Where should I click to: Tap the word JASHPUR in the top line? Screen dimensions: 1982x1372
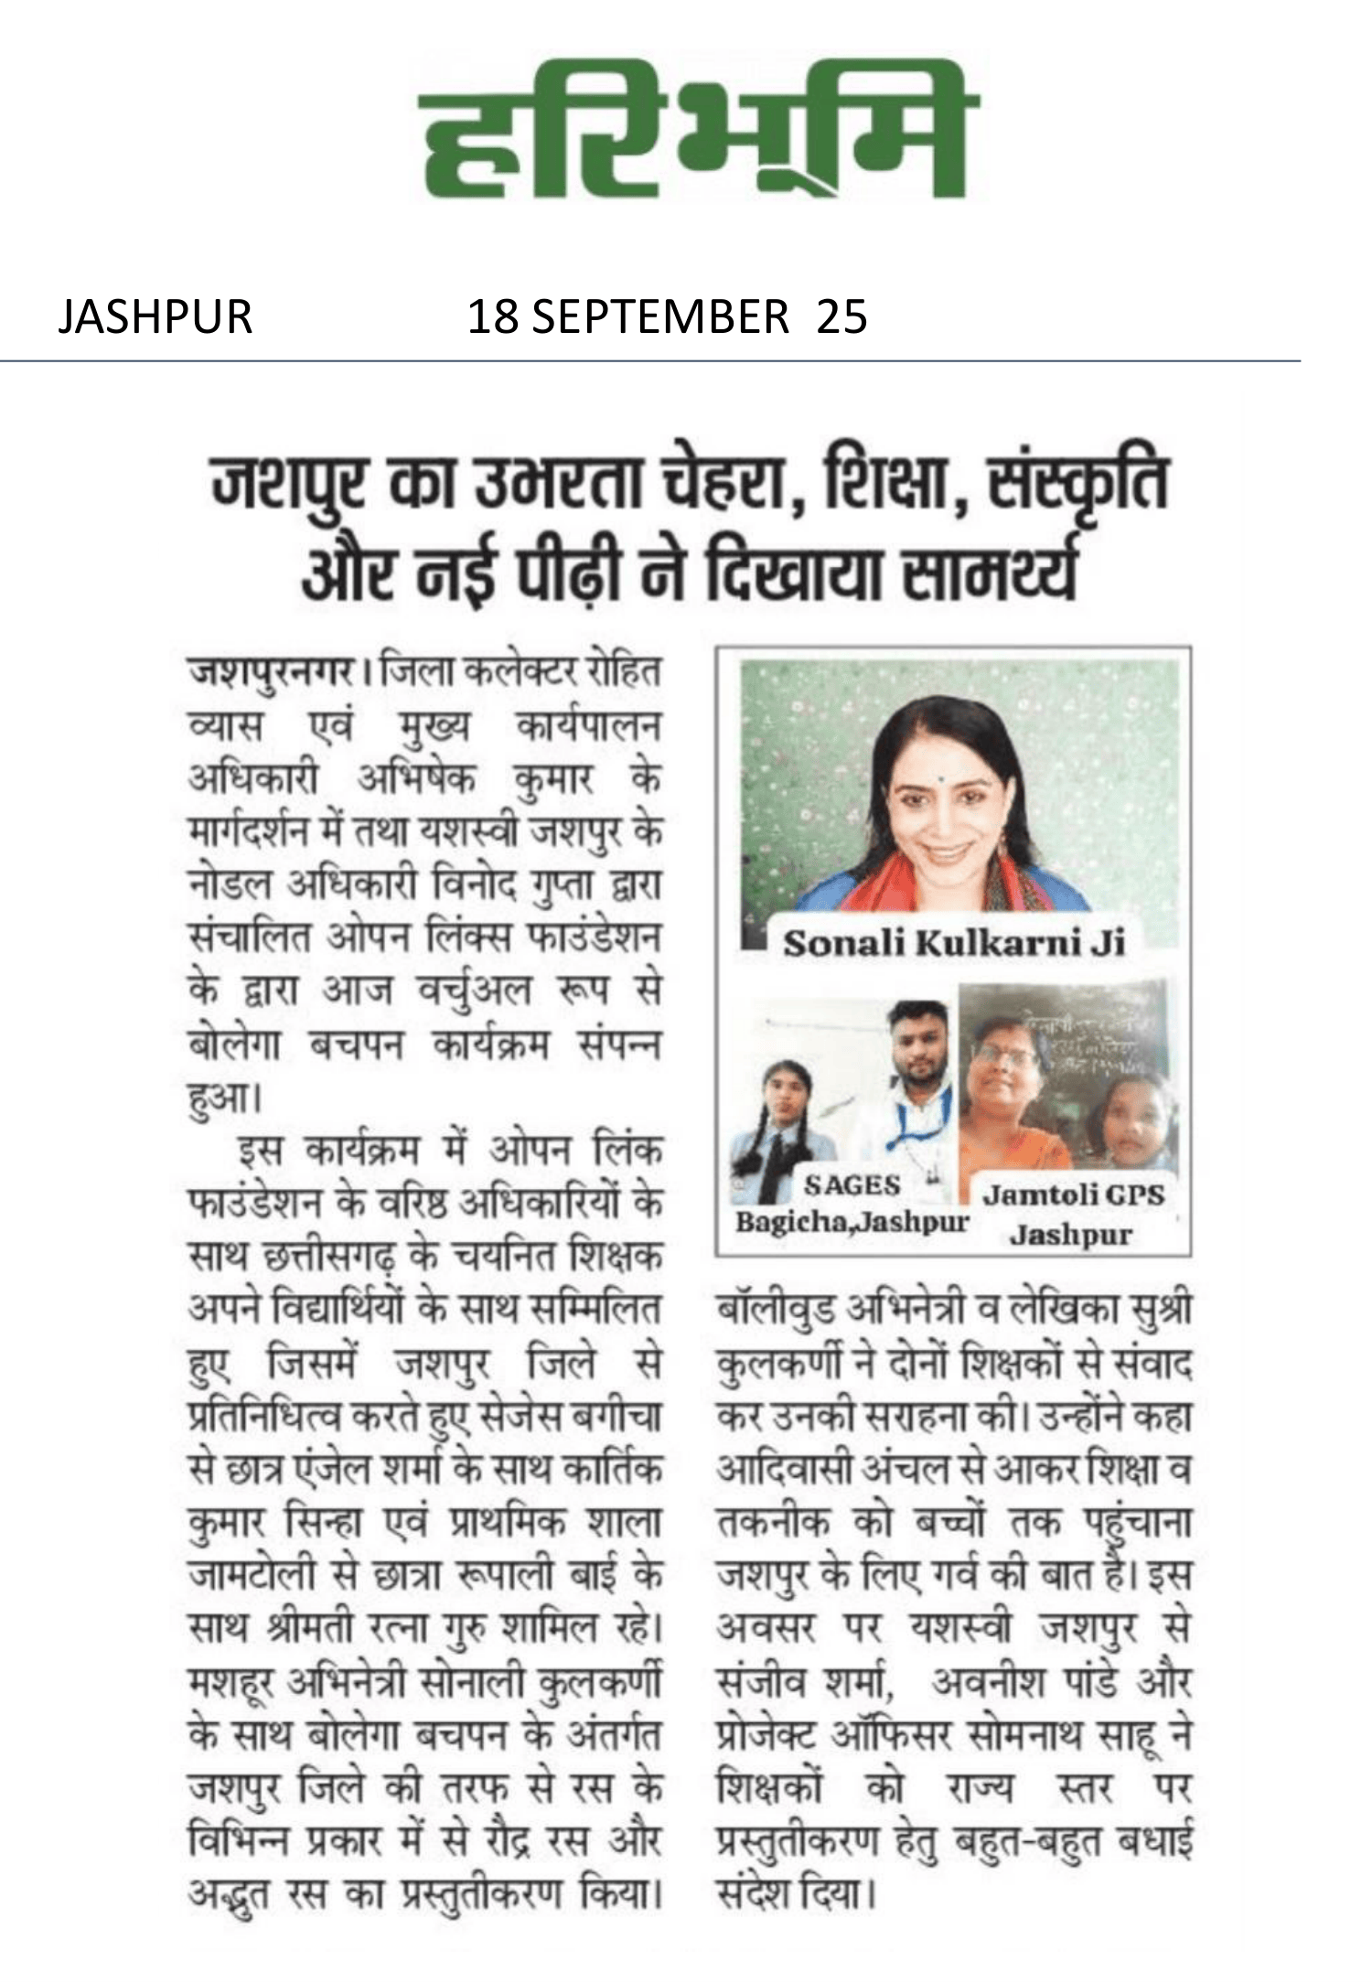(x=155, y=317)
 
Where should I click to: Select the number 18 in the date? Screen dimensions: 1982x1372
(x=492, y=317)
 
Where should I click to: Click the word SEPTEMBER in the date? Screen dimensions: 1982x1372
(x=660, y=317)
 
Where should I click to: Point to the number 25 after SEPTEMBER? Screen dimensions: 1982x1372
(x=841, y=317)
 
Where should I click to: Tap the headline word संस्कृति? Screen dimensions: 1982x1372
(x=1079, y=485)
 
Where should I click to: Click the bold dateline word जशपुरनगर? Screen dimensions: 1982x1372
(x=272, y=674)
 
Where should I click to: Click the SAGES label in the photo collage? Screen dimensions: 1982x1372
(x=852, y=1186)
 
